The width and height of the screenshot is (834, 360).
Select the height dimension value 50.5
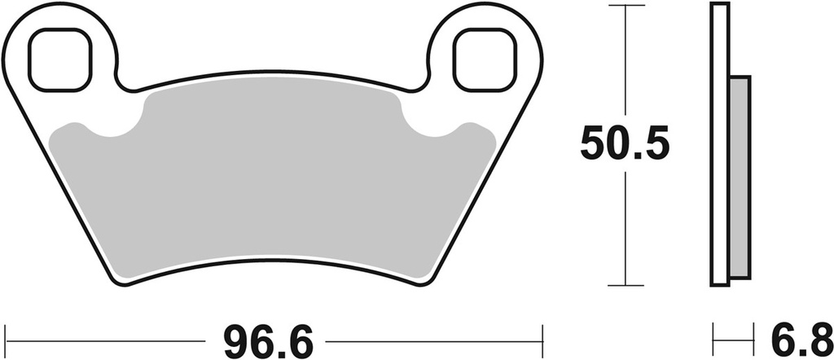625,145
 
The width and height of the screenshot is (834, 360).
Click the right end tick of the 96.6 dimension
542,336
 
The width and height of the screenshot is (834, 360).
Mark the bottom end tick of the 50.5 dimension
625,285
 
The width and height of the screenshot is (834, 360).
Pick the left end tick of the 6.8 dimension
713,336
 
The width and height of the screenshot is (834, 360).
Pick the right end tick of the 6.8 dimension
749,336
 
